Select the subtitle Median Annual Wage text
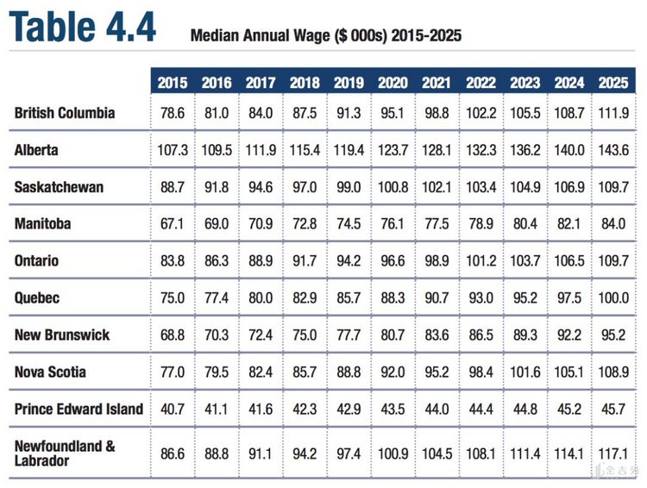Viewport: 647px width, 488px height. (x=326, y=36)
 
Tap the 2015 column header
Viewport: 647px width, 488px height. (x=173, y=83)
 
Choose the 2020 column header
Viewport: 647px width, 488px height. (x=393, y=83)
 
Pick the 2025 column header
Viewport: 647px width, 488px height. (x=613, y=83)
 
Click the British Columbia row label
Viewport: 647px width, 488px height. (x=65, y=113)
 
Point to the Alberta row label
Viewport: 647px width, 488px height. (x=37, y=150)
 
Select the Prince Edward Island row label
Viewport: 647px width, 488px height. (x=79, y=409)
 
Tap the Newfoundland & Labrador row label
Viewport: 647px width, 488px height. (x=65, y=453)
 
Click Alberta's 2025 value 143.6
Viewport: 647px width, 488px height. (x=613, y=150)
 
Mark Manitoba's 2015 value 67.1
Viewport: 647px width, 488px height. (x=173, y=224)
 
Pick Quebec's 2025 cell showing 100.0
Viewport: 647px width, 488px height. (x=613, y=298)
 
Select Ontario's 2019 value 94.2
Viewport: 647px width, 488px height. (x=349, y=261)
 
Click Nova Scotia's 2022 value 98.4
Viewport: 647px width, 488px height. (x=481, y=372)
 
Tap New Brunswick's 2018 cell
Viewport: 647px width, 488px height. (x=305, y=335)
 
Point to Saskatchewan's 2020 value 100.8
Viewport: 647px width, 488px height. (x=393, y=187)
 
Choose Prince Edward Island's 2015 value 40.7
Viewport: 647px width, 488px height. (x=173, y=409)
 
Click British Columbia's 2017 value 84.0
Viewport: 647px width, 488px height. (x=261, y=113)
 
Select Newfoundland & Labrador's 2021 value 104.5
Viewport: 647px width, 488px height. (x=437, y=452)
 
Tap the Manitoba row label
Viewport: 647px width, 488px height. (x=42, y=224)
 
